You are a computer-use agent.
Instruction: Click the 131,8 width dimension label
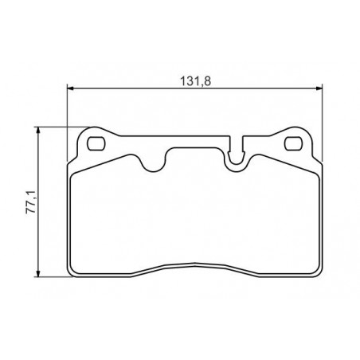[196, 81]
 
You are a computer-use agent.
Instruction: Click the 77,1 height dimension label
[30, 202]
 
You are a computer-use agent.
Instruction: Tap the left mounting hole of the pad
[96, 143]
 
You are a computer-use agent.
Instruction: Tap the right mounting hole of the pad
[293, 143]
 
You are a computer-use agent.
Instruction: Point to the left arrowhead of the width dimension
[71, 88]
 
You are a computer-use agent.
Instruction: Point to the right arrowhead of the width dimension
[319, 88]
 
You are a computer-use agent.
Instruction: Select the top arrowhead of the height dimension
[38, 131]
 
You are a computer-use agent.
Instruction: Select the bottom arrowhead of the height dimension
[38, 273]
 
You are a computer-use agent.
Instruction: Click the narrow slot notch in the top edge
[236, 150]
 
